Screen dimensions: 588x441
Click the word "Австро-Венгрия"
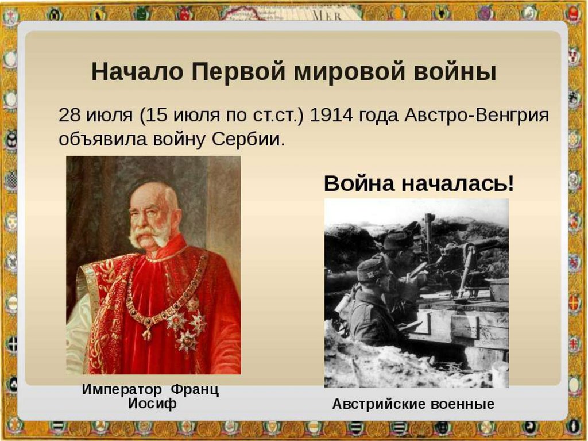tap(477, 116)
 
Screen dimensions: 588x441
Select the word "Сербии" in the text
tap(246, 139)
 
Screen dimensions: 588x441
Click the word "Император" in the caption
tap(122, 389)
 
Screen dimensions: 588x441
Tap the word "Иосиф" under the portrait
tap(152, 404)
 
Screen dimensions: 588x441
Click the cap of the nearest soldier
tap(372, 269)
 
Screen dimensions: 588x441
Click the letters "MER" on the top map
tap(326, 16)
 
